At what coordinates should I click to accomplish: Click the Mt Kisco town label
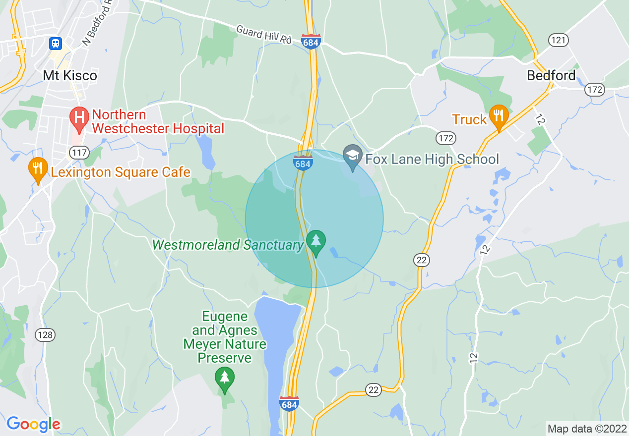click(x=70, y=76)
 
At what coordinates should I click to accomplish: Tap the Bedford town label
click(x=551, y=76)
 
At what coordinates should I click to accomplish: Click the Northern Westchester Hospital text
click(x=158, y=122)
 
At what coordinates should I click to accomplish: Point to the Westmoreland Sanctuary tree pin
click(x=316, y=242)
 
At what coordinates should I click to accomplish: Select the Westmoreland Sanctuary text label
click(x=228, y=245)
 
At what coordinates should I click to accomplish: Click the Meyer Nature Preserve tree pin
click(x=225, y=379)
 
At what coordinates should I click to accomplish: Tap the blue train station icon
click(x=56, y=44)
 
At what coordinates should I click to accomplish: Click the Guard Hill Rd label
click(x=263, y=35)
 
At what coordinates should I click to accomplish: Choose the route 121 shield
click(x=559, y=40)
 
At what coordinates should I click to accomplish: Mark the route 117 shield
click(x=79, y=153)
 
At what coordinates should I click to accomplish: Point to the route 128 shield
click(x=45, y=335)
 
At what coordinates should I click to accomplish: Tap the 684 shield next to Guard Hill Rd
click(x=311, y=41)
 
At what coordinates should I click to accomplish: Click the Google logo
click(x=33, y=424)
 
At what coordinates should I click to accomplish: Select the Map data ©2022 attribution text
click(x=587, y=428)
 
